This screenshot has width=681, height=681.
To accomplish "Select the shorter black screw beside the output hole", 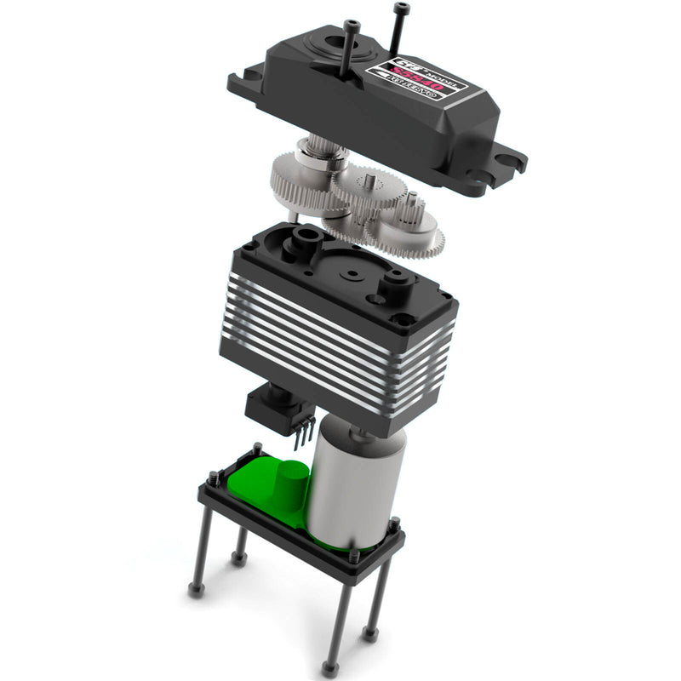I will tap(350, 47).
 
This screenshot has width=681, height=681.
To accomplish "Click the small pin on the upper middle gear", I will tap(371, 180).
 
